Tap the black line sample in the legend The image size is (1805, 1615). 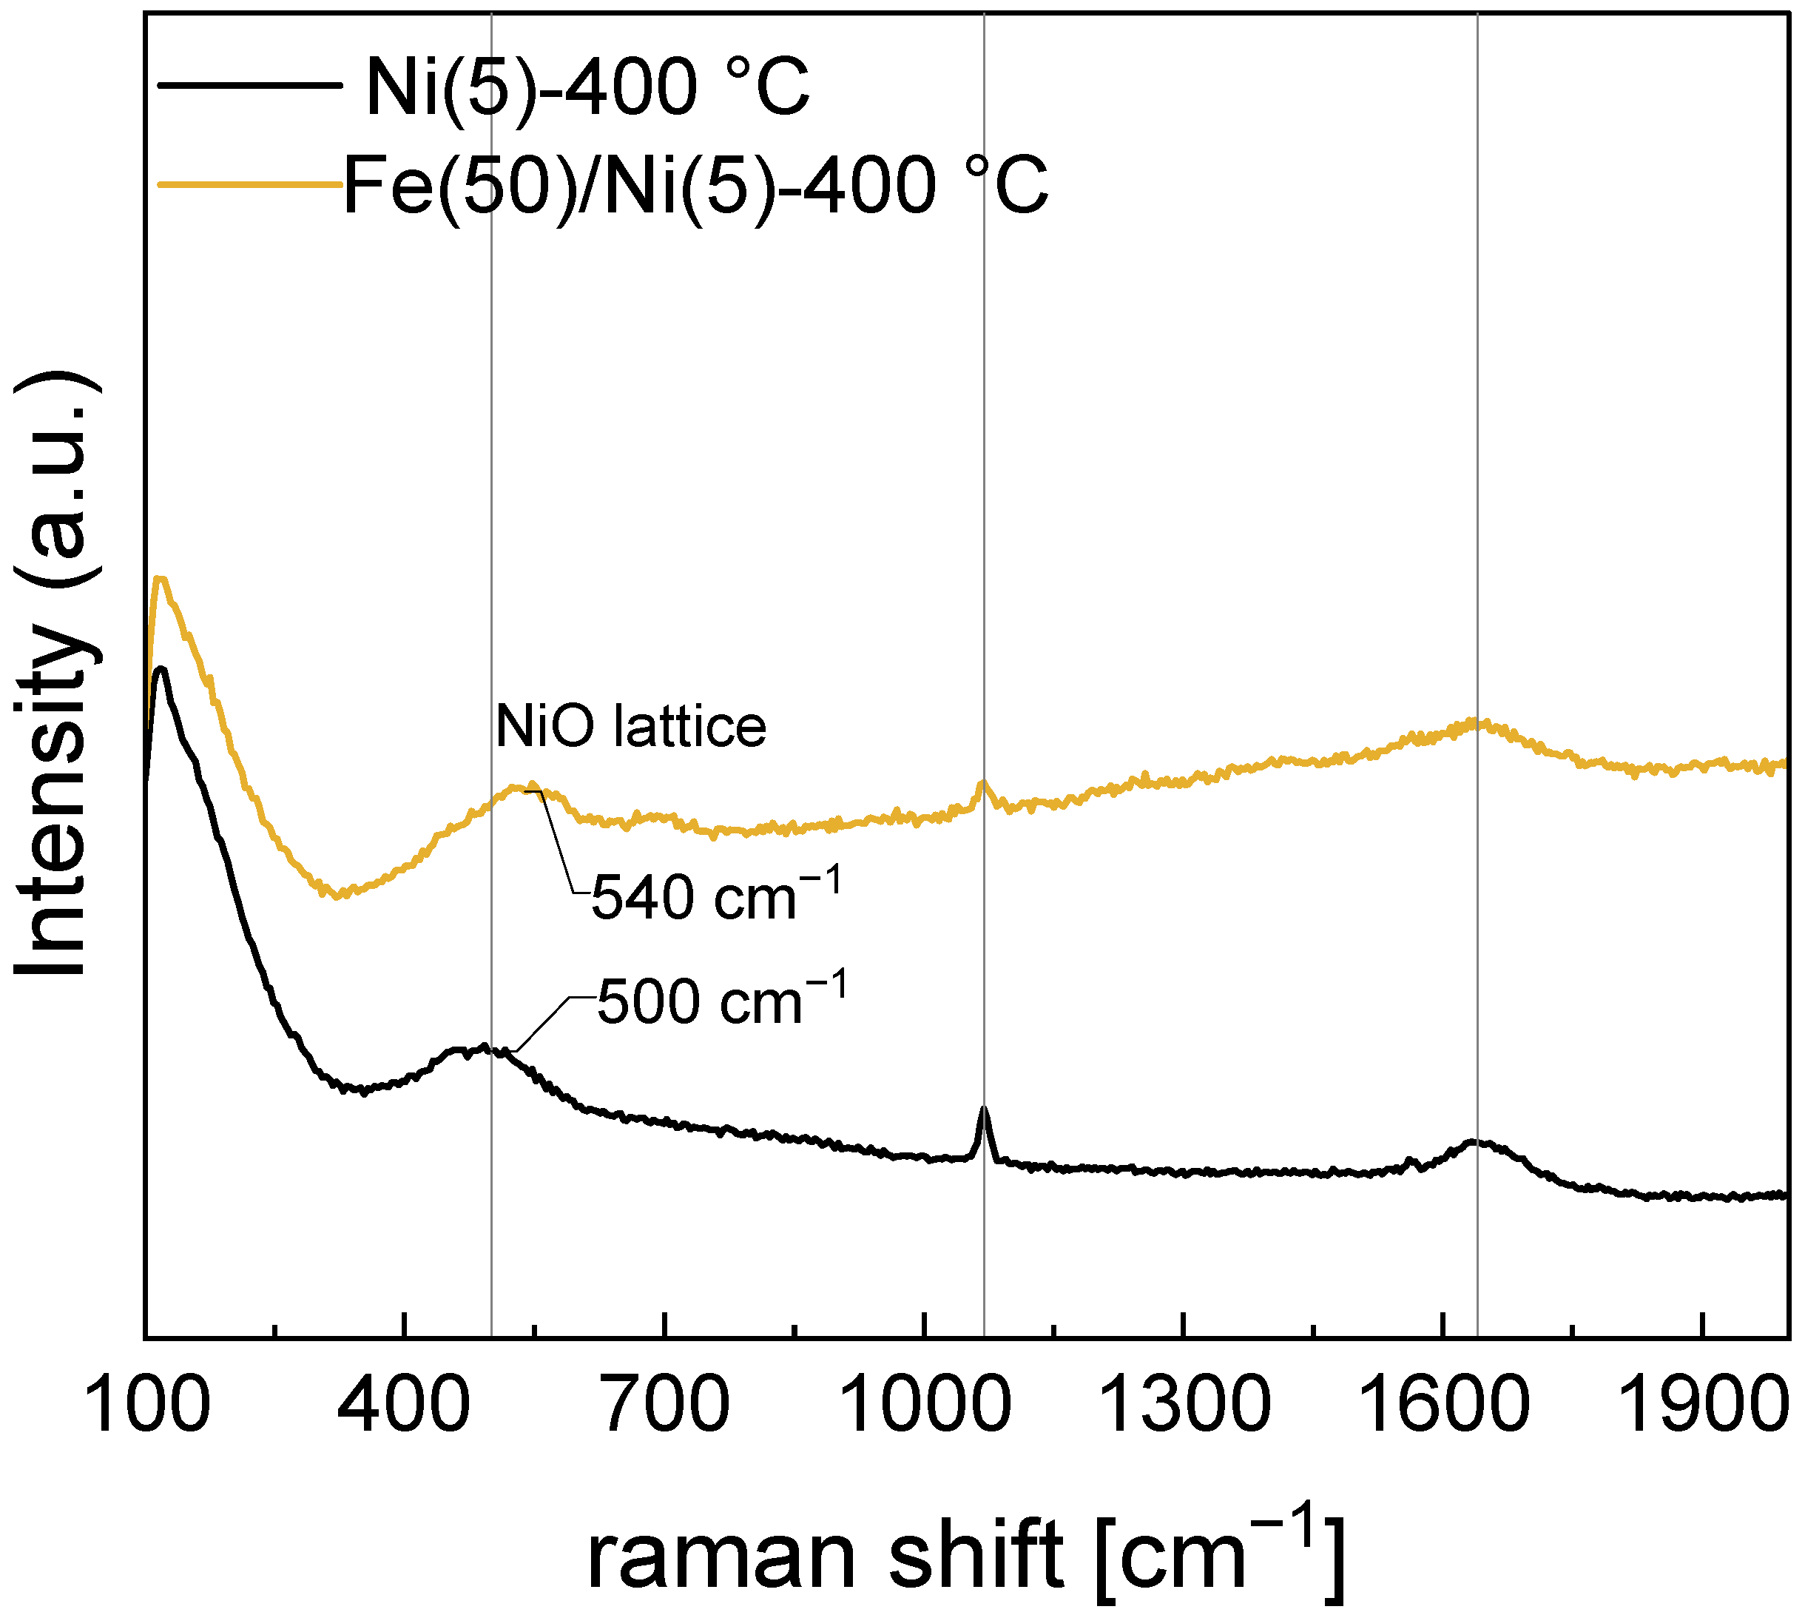[x=249, y=86]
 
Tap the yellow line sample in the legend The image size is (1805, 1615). [x=249, y=184]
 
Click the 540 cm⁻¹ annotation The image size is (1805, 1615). [x=715, y=896]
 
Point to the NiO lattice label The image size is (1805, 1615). [x=630, y=727]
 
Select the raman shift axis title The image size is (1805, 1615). [x=965, y=1553]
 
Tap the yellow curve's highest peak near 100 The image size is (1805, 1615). [x=161, y=580]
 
